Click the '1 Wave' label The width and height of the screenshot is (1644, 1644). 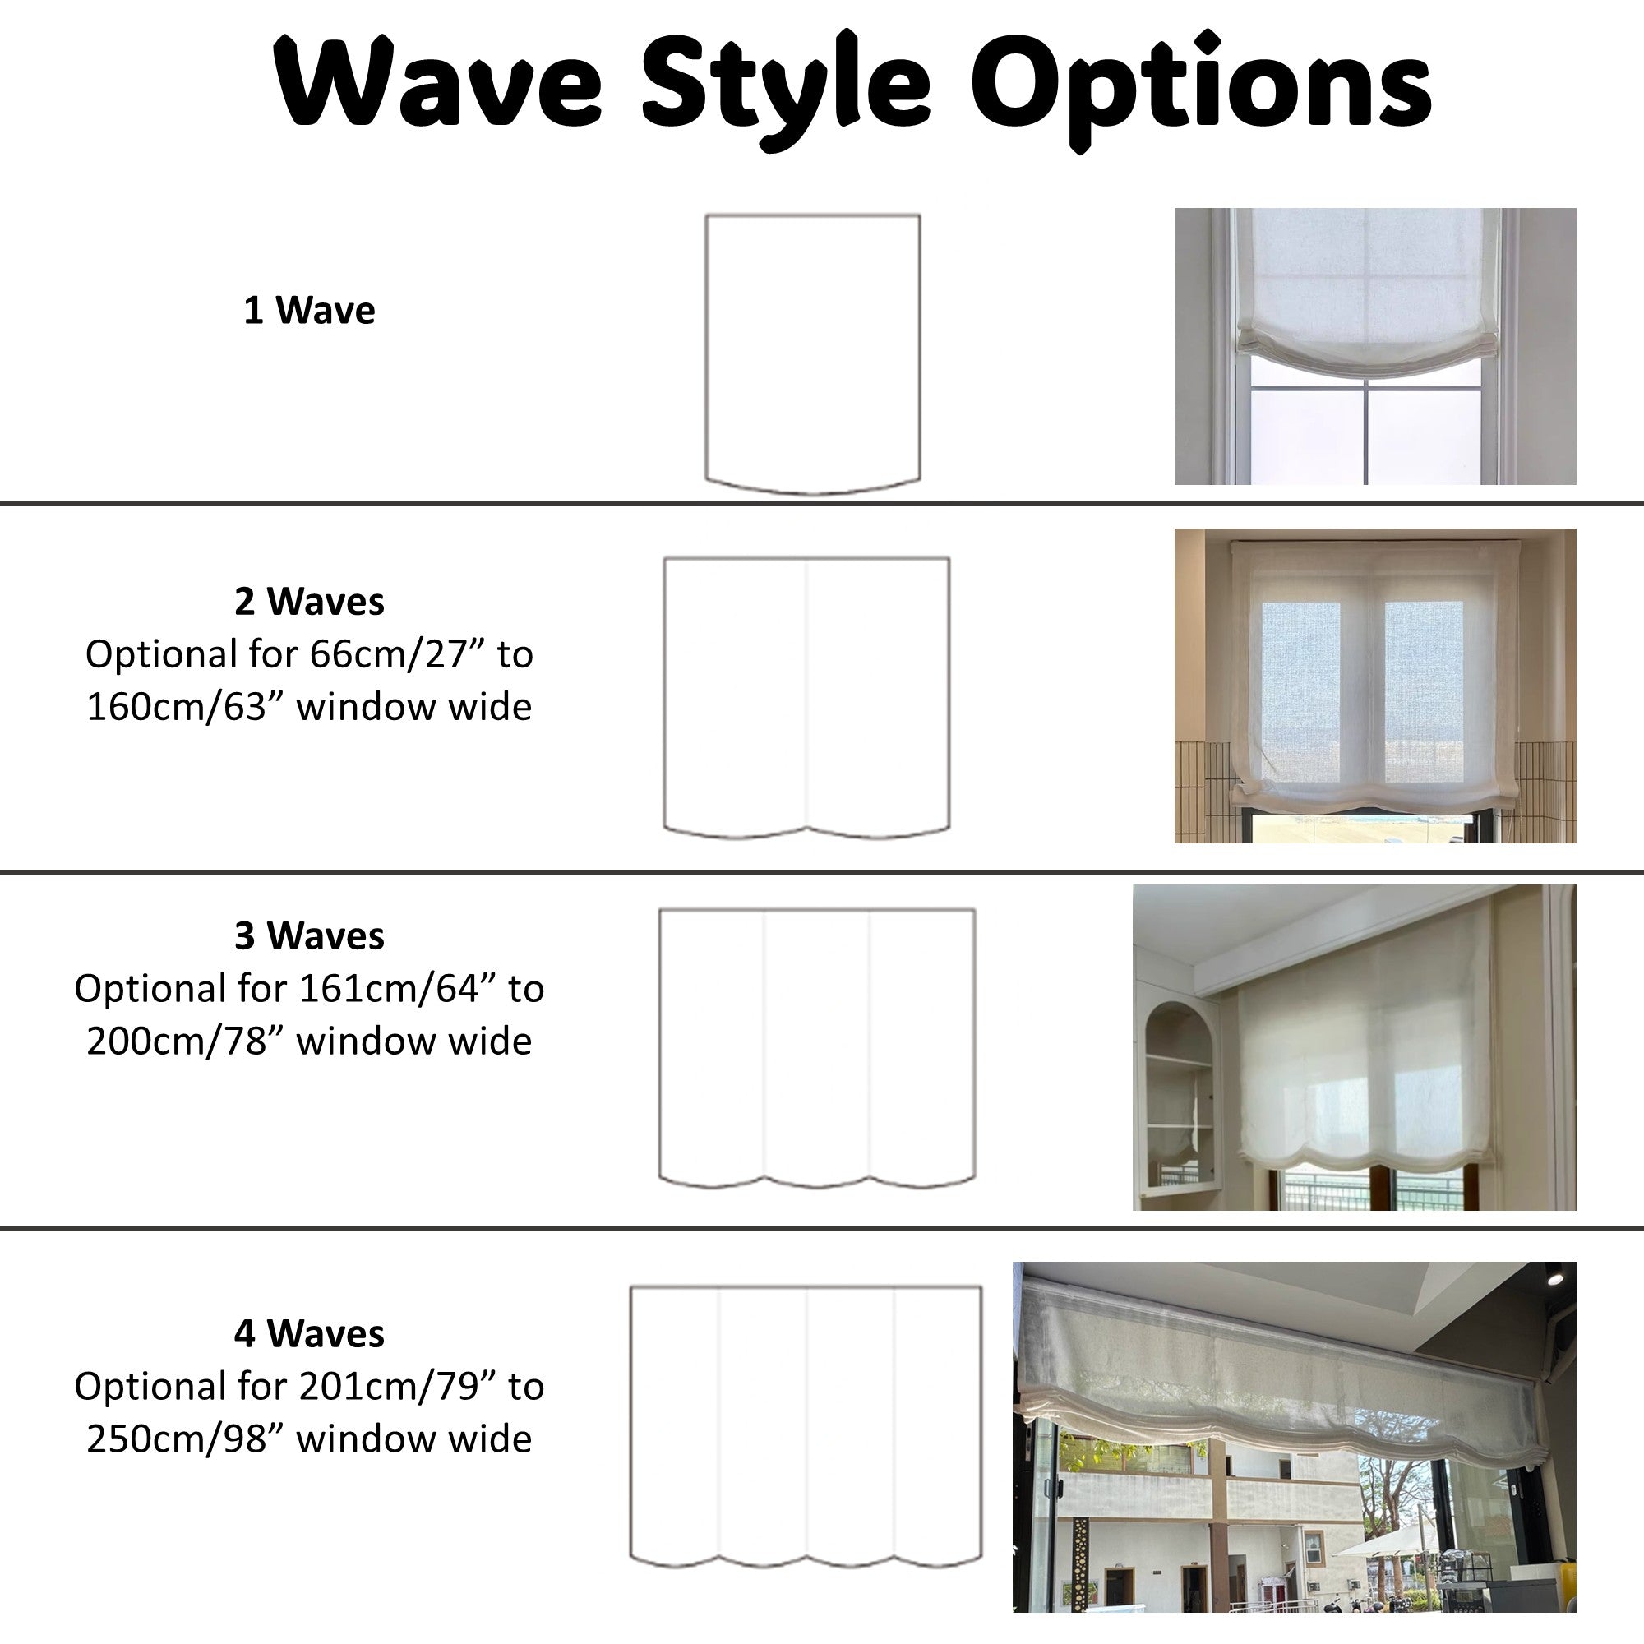[x=309, y=311]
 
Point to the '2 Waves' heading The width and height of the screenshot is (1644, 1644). [x=309, y=602]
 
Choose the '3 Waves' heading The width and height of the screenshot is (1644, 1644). [x=309, y=936]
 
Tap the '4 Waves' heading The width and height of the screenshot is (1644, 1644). [x=309, y=1333]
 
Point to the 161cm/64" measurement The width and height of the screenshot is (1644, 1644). [x=397, y=989]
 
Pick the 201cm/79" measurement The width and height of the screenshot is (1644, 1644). [x=397, y=1386]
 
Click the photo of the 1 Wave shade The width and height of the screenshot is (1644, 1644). [x=1375, y=346]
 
